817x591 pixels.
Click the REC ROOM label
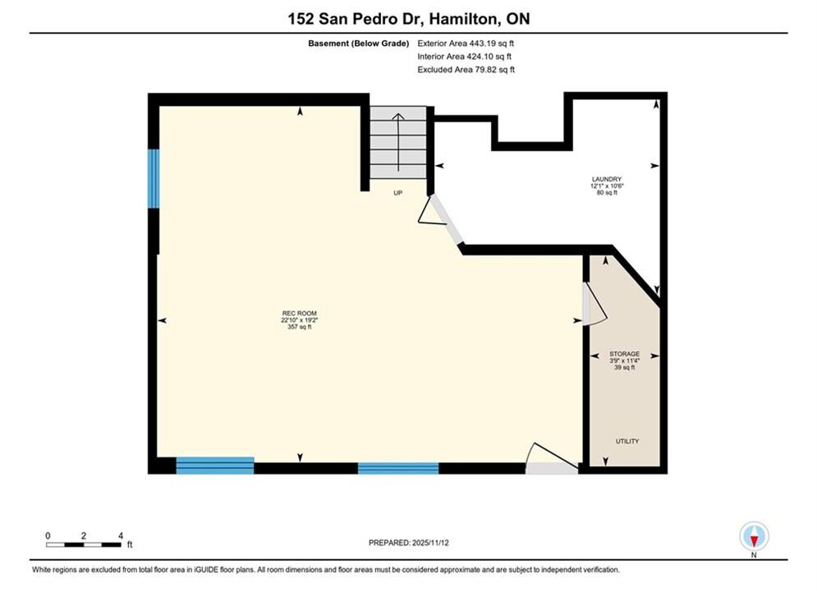click(299, 314)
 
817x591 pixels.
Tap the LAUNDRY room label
click(607, 179)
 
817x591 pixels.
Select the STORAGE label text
click(624, 354)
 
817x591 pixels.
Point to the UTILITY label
click(627, 441)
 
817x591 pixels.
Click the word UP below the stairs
click(397, 193)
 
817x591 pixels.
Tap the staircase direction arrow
click(398, 142)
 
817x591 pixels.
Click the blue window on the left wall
click(154, 179)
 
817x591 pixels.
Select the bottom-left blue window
click(215, 465)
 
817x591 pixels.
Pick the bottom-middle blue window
click(398, 468)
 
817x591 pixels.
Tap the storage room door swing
click(594, 305)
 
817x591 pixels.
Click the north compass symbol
click(754, 536)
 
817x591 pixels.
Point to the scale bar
click(84, 545)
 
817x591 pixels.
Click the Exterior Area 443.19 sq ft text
click(466, 44)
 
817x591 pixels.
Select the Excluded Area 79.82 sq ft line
click(466, 69)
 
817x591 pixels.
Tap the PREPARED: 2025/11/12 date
click(409, 543)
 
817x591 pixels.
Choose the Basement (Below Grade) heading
click(359, 44)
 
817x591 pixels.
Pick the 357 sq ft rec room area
click(299, 327)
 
